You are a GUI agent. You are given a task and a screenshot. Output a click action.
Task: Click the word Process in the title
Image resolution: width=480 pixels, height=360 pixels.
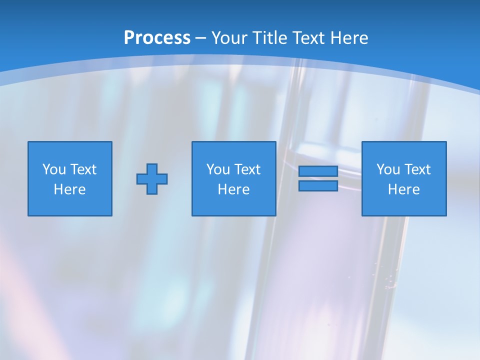[x=157, y=38]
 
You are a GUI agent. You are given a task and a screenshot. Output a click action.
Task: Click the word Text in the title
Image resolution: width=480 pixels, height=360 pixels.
[x=309, y=38]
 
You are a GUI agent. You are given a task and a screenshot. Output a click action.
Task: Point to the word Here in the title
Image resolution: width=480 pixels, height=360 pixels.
[x=349, y=38]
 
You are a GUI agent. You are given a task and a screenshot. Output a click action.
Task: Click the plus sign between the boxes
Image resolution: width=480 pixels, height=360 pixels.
[x=152, y=179]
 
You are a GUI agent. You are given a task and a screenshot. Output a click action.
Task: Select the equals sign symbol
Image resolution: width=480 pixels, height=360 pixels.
[x=318, y=179]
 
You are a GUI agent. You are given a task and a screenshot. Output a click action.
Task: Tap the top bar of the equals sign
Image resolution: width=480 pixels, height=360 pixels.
[x=318, y=171]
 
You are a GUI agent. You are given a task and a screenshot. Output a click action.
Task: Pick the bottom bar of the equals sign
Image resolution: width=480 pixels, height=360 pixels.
[x=318, y=186]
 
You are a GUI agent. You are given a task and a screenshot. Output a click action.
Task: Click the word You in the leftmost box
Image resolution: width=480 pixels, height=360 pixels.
[x=54, y=169]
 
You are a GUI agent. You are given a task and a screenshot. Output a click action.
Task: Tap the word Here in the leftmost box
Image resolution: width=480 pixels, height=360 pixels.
[x=70, y=189]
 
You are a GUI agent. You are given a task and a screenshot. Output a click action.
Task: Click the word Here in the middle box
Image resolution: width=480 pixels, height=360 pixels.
[x=233, y=189]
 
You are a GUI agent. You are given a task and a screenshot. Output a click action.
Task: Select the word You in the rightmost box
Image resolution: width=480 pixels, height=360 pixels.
[x=388, y=169]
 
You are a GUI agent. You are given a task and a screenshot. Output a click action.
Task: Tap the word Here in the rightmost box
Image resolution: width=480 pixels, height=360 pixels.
[x=404, y=189]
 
